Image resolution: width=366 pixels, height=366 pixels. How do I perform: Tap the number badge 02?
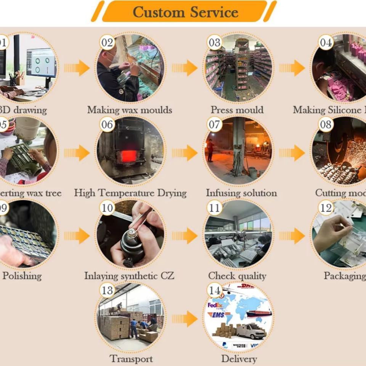(x=107, y=42)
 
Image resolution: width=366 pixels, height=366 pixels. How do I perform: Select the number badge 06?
(x=107, y=125)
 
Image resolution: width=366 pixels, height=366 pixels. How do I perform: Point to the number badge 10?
(x=107, y=208)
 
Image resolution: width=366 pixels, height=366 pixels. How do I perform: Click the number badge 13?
(x=107, y=291)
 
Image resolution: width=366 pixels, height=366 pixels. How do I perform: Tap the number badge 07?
(x=214, y=125)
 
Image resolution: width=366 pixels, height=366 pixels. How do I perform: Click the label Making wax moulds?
(x=130, y=110)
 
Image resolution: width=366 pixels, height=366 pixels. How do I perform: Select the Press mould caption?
(x=237, y=110)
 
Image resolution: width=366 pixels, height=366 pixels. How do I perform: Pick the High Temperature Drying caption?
(x=130, y=193)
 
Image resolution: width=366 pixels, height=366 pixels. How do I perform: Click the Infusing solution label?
(x=241, y=193)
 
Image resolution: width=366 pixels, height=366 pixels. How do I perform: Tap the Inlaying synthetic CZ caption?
(x=129, y=276)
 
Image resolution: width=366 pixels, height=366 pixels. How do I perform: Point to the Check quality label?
(x=237, y=276)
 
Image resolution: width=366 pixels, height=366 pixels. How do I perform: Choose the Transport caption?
(x=131, y=359)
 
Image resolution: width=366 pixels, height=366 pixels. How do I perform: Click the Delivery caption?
(x=239, y=359)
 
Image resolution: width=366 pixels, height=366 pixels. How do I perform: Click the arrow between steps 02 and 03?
(x=185, y=68)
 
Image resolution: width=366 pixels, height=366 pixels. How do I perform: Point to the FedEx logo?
(x=215, y=305)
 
